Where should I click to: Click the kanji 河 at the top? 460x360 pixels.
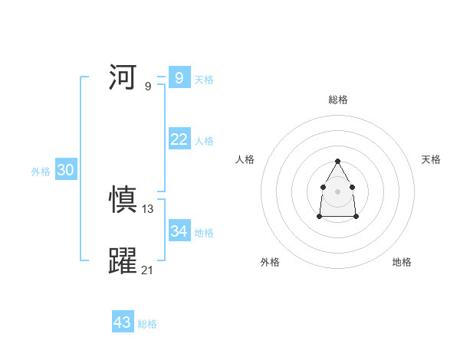click(x=123, y=77)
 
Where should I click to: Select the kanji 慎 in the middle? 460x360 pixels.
click(x=123, y=201)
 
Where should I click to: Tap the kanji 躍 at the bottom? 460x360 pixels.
click(x=123, y=261)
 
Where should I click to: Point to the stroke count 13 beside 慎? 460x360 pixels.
click(x=148, y=209)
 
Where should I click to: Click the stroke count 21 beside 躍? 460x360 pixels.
click(x=148, y=270)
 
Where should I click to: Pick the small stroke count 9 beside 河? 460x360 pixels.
click(x=148, y=86)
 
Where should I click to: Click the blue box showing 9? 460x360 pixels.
click(x=179, y=77)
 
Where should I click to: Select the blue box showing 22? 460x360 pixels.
click(x=179, y=139)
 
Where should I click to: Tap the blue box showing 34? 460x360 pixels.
click(x=179, y=231)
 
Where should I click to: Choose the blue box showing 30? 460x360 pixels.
click(x=65, y=170)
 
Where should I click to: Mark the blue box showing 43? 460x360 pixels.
click(x=122, y=322)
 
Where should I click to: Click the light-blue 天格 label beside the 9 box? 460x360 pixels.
click(x=204, y=80)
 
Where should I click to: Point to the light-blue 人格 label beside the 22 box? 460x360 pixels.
click(x=204, y=141)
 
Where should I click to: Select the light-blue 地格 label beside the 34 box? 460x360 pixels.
click(x=204, y=233)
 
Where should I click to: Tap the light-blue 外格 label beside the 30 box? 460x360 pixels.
click(x=41, y=172)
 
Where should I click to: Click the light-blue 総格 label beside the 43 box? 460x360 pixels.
click(x=147, y=325)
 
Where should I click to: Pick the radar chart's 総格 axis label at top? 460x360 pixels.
click(x=337, y=100)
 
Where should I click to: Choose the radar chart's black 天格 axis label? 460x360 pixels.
click(x=431, y=159)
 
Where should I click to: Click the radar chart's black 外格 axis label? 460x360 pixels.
click(x=270, y=262)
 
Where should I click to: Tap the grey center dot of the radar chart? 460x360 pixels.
click(x=337, y=190)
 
